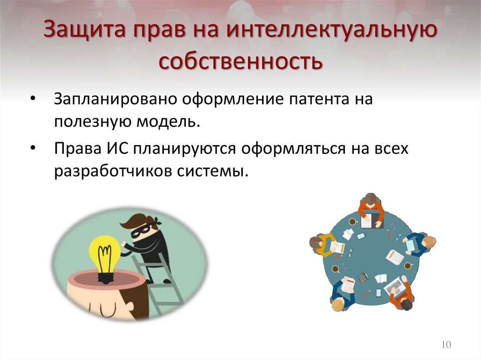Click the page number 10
click(446, 345)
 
